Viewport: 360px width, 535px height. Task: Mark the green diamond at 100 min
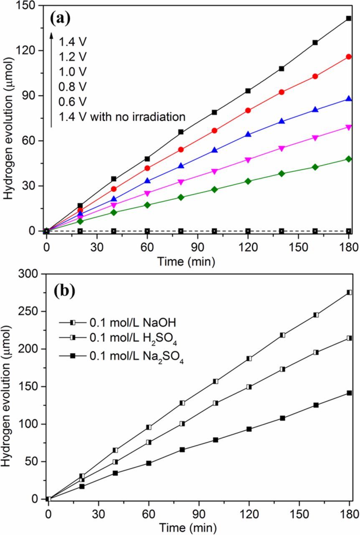point(215,189)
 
